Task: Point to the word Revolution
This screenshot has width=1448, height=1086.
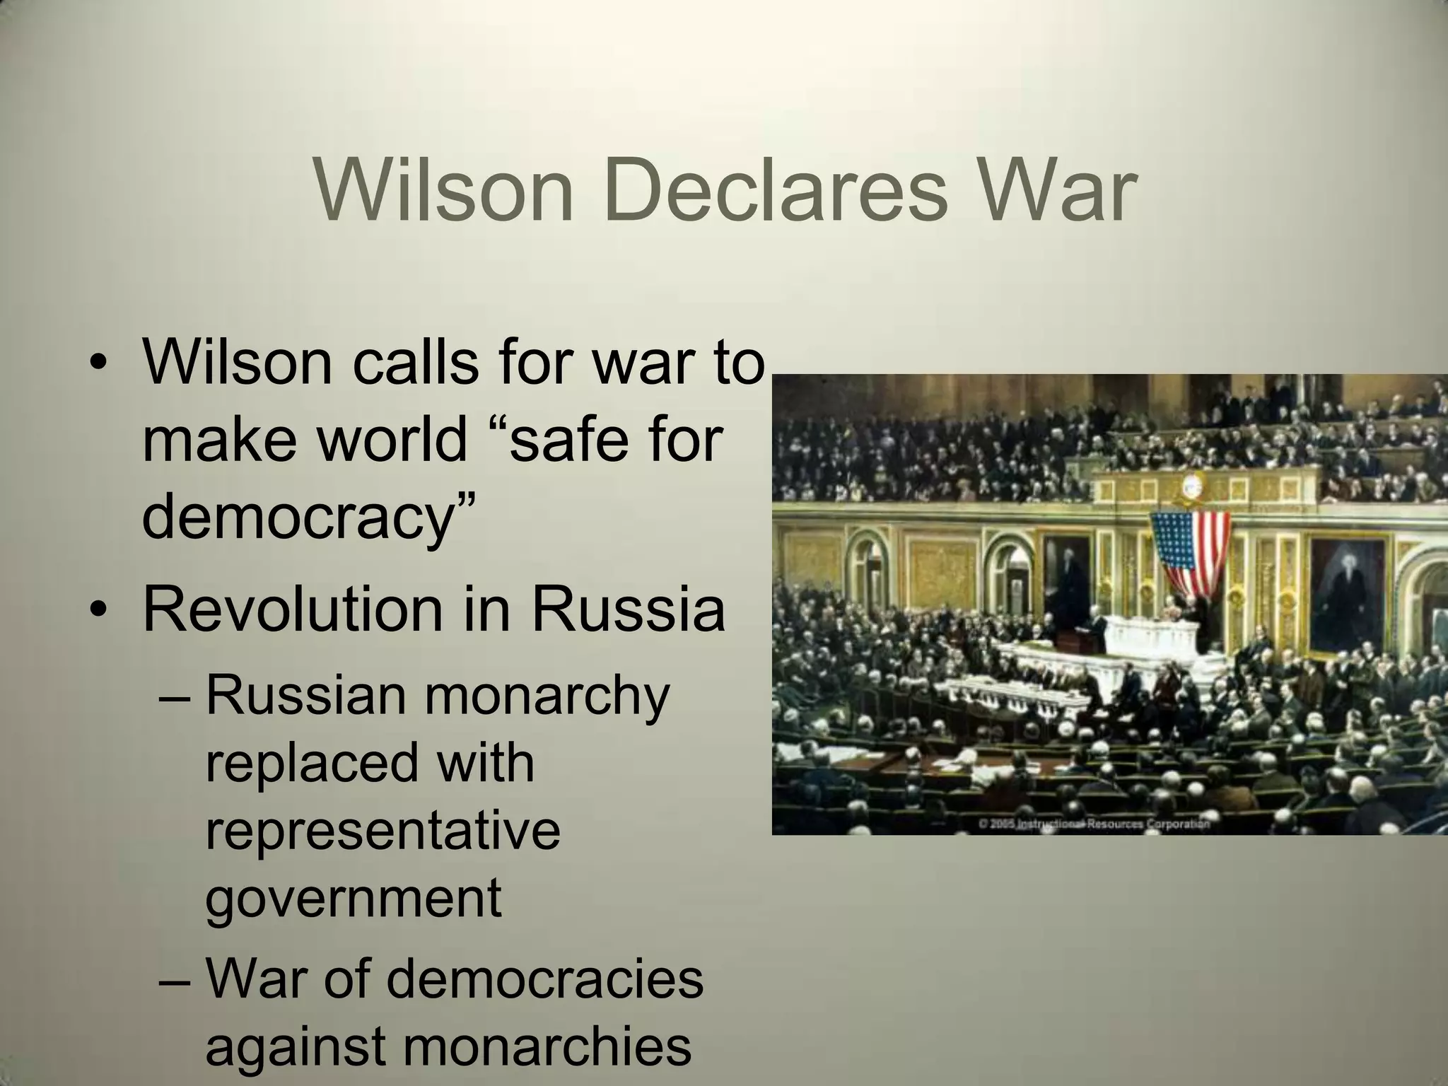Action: tap(294, 609)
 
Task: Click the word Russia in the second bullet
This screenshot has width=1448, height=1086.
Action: tap(628, 609)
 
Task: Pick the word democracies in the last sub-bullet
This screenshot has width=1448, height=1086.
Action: tap(544, 979)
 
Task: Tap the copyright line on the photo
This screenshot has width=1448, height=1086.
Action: tap(1093, 824)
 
